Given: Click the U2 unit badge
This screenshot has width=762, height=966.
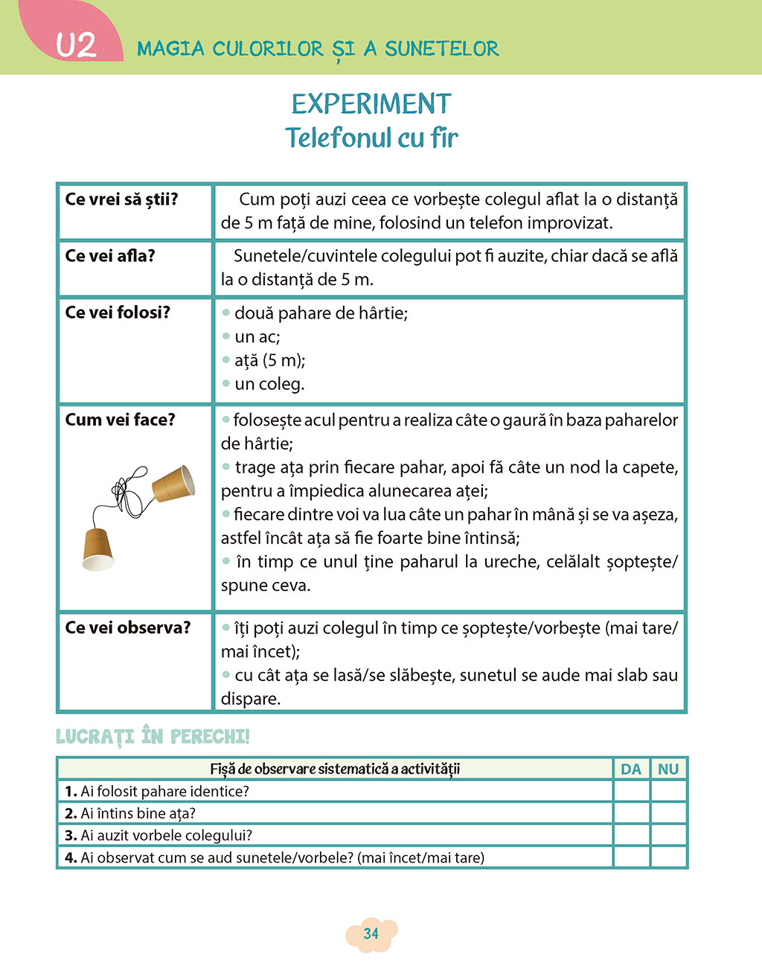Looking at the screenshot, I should coord(76,45).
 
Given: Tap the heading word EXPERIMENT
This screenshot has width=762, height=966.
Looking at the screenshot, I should coord(371,104).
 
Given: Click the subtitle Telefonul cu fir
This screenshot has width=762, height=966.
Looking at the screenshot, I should coord(371,138).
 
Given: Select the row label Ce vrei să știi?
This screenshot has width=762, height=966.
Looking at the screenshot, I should coord(121,199).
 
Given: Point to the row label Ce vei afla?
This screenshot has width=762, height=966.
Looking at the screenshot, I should coord(110,256).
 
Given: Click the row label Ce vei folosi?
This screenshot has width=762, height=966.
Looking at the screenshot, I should coord(118,313).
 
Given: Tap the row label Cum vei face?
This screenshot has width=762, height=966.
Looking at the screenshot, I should coord(120,420).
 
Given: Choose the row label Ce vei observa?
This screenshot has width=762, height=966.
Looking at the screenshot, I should coord(127,627).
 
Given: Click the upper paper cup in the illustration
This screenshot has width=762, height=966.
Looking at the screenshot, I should coord(173,484).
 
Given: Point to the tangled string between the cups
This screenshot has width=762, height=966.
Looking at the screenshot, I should coord(130,492).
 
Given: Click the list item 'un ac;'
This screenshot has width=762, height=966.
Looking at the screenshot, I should coord(257,337).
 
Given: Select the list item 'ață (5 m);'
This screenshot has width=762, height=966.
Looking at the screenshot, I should coord(269,361).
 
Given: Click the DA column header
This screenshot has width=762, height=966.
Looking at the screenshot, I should coord(631,769).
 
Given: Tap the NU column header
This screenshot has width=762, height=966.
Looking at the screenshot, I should coord(668,769).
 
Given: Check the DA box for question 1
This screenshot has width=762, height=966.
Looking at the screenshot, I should coord(631,791).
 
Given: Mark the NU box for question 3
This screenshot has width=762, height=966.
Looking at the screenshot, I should coord(668,835).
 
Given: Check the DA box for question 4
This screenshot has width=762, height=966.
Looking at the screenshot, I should coord(631,857).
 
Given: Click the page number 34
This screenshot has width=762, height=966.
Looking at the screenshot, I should coord(371,933).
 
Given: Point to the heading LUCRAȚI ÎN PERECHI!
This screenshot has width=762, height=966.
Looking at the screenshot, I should coord(153,737).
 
